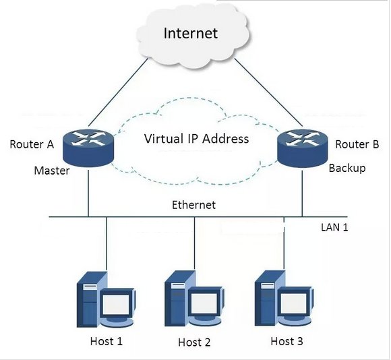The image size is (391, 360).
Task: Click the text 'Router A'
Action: coord(32,144)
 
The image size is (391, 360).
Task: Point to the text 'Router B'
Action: coord(357,144)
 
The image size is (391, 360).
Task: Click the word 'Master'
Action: coord(52,171)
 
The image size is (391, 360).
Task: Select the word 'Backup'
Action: coord(347,168)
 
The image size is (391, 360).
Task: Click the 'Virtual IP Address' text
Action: coord(197,140)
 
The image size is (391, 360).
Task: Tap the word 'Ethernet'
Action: coord(193,205)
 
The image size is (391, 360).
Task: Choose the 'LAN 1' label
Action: coord(334,227)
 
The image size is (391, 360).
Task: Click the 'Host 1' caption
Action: coord(107,341)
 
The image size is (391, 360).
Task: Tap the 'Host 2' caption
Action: coord(194,342)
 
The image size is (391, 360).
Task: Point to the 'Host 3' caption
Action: coord(287,341)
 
